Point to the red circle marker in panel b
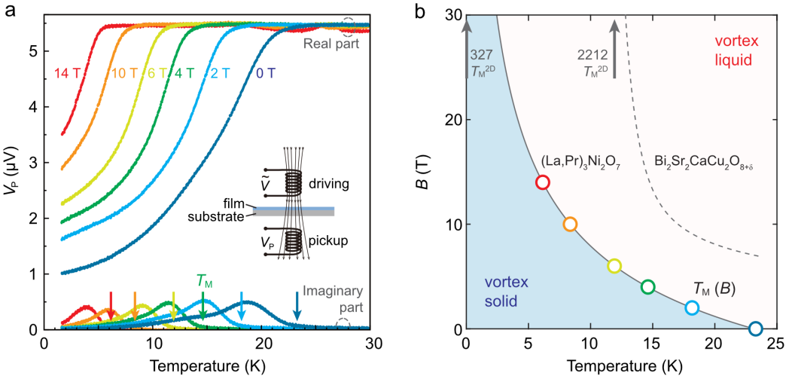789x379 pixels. point(543,182)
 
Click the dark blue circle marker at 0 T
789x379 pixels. point(756,329)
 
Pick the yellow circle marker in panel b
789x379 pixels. point(614,266)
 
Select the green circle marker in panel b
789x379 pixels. point(648,286)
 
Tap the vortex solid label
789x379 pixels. point(502,292)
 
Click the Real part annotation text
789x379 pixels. point(331,44)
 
